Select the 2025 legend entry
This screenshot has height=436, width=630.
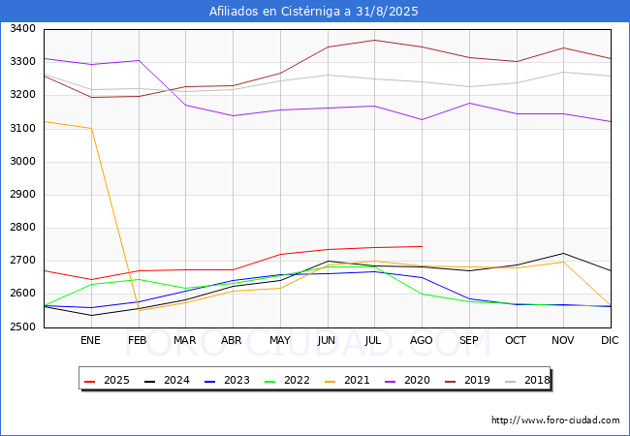(x=107, y=380)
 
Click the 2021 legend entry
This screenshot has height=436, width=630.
(x=347, y=380)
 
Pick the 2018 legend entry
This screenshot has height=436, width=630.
(x=527, y=380)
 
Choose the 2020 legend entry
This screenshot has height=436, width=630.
(x=407, y=380)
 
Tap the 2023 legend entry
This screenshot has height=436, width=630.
(x=227, y=380)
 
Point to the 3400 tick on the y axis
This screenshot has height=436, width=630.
(x=23, y=29)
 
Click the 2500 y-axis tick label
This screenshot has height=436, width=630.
(x=23, y=327)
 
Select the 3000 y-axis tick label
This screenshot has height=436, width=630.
(x=23, y=162)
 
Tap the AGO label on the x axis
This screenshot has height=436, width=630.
(x=421, y=340)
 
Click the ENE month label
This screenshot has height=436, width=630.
(x=90, y=340)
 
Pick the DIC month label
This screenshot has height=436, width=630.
(x=610, y=340)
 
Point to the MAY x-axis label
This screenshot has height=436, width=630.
(x=280, y=340)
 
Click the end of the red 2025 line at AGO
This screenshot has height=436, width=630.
(x=422, y=246)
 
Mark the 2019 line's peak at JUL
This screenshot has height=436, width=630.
(x=375, y=40)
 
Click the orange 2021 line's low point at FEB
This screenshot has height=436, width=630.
(x=139, y=310)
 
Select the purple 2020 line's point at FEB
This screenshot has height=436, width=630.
(x=139, y=61)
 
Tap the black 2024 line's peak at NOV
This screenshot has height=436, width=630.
(x=564, y=253)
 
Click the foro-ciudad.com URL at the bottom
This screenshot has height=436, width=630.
(x=555, y=420)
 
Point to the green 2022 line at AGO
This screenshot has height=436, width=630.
(x=422, y=294)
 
